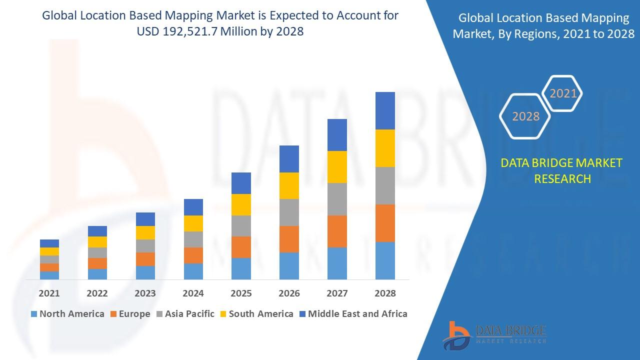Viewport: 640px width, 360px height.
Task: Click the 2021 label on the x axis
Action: [49, 293]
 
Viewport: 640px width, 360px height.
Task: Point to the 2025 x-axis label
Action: [241, 293]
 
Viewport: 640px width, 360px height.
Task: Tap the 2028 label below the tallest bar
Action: [385, 293]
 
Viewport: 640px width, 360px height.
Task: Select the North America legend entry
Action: [67, 314]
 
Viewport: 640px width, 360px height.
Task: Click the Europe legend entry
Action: [129, 314]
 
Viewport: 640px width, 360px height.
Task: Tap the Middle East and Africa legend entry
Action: [353, 314]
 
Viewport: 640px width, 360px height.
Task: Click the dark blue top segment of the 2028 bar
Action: [385, 110]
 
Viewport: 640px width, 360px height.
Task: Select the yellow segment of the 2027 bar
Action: [337, 167]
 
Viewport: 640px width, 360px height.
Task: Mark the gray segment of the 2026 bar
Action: [289, 212]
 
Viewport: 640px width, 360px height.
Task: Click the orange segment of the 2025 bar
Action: [241, 247]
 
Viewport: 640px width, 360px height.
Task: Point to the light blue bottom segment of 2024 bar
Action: [193, 271]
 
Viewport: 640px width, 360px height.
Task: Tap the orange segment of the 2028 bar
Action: [385, 223]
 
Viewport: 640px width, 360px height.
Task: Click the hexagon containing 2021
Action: [563, 93]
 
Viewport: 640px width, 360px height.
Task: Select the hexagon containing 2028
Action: [525, 116]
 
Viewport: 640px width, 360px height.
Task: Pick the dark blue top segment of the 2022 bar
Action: [97, 231]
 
